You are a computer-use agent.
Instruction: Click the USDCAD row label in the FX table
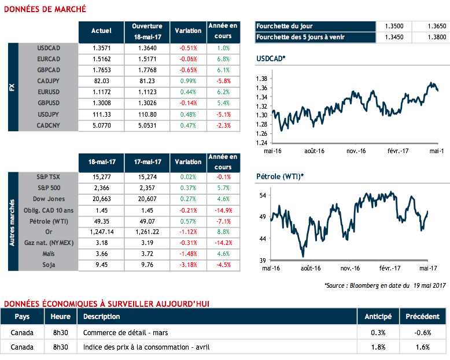(48, 48)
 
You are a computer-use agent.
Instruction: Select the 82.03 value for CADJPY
(101, 81)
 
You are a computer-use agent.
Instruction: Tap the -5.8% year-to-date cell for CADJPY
(223, 81)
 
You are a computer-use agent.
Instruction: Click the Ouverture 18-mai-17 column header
(147, 31)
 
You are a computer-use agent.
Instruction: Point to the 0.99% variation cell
(189, 81)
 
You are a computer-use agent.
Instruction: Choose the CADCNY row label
(48, 125)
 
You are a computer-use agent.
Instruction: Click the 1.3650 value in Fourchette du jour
(429, 27)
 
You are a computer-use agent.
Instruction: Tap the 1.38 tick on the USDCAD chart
(260, 79)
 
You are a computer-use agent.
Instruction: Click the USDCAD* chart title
(271, 59)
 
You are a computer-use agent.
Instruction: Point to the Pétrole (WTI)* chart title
(280, 176)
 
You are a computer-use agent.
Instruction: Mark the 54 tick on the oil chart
(262, 196)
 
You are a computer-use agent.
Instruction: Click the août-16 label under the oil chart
(311, 268)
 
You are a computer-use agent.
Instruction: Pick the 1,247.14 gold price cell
(101, 231)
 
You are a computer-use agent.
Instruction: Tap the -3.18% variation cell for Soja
(189, 265)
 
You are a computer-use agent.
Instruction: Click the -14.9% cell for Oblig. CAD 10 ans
(223, 210)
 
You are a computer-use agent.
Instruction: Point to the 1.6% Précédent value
(422, 347)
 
